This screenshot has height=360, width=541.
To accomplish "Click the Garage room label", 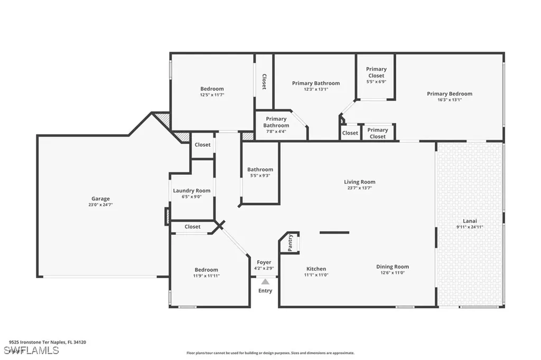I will pyautogui.click(x=100, y=198).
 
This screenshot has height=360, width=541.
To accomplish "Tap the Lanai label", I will pyautogui.click(x=469, y=221).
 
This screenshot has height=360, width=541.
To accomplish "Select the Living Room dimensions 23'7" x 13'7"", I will pyautogui.click(x=359, y=187).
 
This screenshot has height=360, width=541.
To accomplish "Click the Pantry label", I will pyautogui.click(x=291, y=243).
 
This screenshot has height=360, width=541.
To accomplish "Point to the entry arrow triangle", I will pyautogui.click(x=265, y=281).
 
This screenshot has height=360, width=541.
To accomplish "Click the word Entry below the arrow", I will pyautogui.click(x=265, y=291).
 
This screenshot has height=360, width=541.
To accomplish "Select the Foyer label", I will pyautogui.click(x=264, y=262).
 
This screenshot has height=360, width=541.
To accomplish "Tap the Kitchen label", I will pyautogui.click(x=316, y=269).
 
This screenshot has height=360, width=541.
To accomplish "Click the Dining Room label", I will pyautogui.click(x=392, y=267).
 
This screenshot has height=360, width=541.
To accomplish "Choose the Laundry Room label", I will pyautogui.click(x=191, y=191).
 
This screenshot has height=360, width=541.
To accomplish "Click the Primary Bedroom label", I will pyautogui.click(x=449, y=94).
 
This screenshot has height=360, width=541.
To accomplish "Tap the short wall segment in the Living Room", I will pyautogui.click(x=334, y=232).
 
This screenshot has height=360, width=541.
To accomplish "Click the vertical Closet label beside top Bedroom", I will pyautogui.click(x=264, y=82).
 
